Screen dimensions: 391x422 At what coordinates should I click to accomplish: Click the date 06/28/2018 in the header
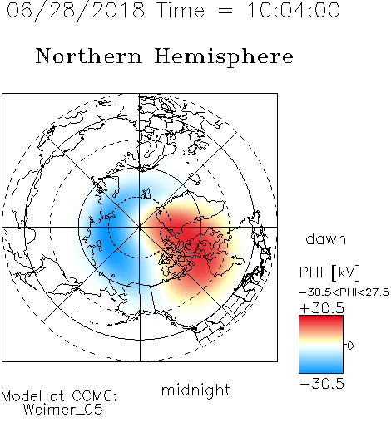[76, 11]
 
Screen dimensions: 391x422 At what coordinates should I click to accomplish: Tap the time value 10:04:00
[294, 10]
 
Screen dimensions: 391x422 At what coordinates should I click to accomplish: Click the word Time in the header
[181, 10]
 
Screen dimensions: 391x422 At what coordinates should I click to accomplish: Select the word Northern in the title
[89, 56]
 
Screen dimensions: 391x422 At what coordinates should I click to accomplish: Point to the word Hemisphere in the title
[224, 57]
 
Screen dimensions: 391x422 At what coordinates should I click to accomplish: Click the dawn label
[326, 238]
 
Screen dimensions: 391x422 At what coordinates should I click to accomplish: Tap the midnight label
[195, 390]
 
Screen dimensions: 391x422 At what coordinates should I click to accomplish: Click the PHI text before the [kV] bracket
[311, 272]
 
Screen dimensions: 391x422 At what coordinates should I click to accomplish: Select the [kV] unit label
[346, 272]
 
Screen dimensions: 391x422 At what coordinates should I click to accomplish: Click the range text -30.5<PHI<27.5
[344, 292]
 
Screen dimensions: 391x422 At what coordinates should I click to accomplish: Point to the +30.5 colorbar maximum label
[322, 308]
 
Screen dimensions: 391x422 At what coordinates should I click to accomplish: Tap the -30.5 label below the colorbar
[322, 384]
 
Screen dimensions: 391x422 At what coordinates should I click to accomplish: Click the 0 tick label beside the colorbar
[350, 346]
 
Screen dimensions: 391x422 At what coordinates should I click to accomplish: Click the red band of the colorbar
[321, 322]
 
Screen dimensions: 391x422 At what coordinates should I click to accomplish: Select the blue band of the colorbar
[321, 366]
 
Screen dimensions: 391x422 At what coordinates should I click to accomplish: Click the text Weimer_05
[63, 409]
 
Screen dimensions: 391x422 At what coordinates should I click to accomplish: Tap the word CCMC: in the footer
[94, 396]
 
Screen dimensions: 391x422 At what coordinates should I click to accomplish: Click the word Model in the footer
[22, 396]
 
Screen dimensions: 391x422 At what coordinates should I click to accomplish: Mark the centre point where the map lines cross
[140, 227]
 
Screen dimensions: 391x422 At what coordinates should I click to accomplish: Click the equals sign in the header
[225, 11]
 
